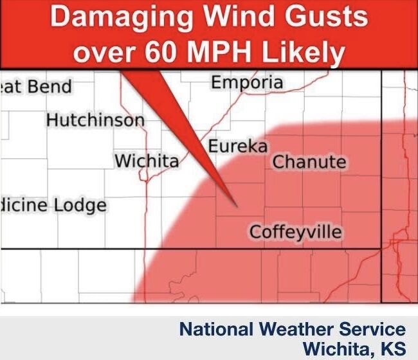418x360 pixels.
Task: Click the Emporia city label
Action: click(x=247, y=83)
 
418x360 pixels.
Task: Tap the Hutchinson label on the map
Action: click(x=95, y=120)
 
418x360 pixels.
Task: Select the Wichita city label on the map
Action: click(x=147, y=161)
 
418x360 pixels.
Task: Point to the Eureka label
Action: click(x=237, y=147)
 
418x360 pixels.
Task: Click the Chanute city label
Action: click(x=309, y=162)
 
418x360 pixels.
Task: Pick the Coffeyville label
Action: click(x=296, y=231)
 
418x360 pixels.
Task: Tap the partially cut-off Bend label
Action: click(x=49, y=86)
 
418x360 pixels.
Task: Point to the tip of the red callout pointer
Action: click(x=237, y=206)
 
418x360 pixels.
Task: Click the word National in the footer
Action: click(x=217, y=330)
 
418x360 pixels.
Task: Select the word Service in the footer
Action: click(x=372, y=330)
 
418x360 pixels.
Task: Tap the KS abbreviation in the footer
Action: click(x=394, y=348)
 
